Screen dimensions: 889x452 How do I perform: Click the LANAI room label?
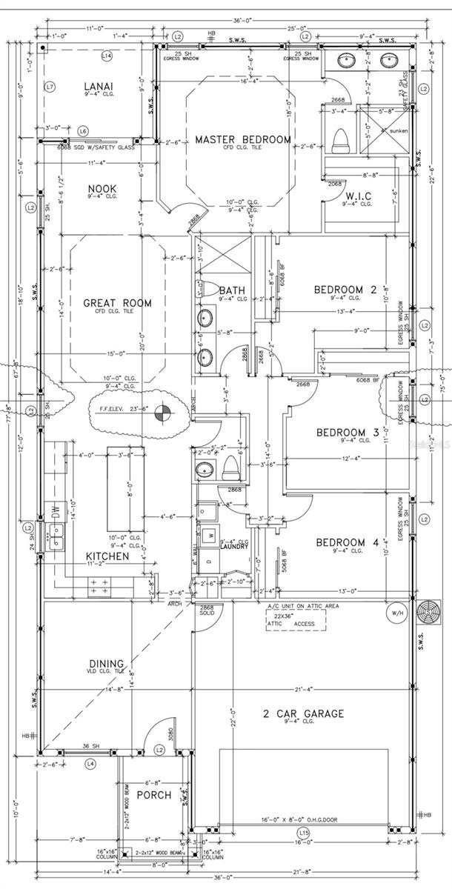(99, 86)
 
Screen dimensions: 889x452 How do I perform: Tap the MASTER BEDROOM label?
(242, 139)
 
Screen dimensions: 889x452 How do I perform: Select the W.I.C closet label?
(359, 196)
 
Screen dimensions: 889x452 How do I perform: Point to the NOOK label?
(103, 187)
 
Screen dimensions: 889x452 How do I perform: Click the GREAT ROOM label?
(117, 303)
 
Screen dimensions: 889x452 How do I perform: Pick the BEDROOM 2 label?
(346, 289)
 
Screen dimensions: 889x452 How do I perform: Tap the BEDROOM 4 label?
(348, 543)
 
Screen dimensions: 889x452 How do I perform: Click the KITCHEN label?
(107, 556)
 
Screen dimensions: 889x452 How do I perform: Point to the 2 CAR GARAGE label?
(304, 714)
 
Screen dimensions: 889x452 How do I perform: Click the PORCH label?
(153, 795)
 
